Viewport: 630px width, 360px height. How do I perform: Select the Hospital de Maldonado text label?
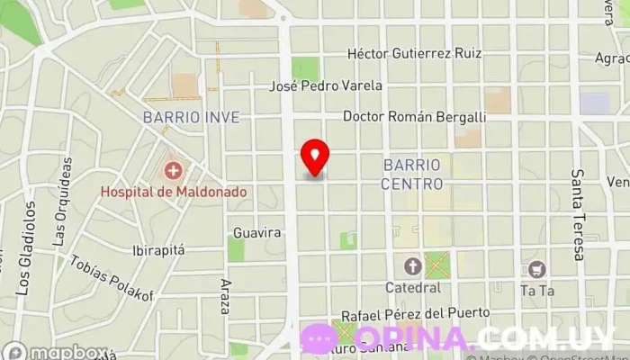pos(174,192)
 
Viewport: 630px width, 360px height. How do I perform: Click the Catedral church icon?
pos(412,266)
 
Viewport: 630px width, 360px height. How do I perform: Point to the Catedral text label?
pos(412,288)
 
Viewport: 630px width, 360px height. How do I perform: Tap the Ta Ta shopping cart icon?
pos(537,268)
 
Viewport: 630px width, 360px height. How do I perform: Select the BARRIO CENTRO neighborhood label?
pos(412,175)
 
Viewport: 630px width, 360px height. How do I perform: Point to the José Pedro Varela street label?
pos(327,86)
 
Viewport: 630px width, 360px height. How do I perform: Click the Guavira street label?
pos(257,232)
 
